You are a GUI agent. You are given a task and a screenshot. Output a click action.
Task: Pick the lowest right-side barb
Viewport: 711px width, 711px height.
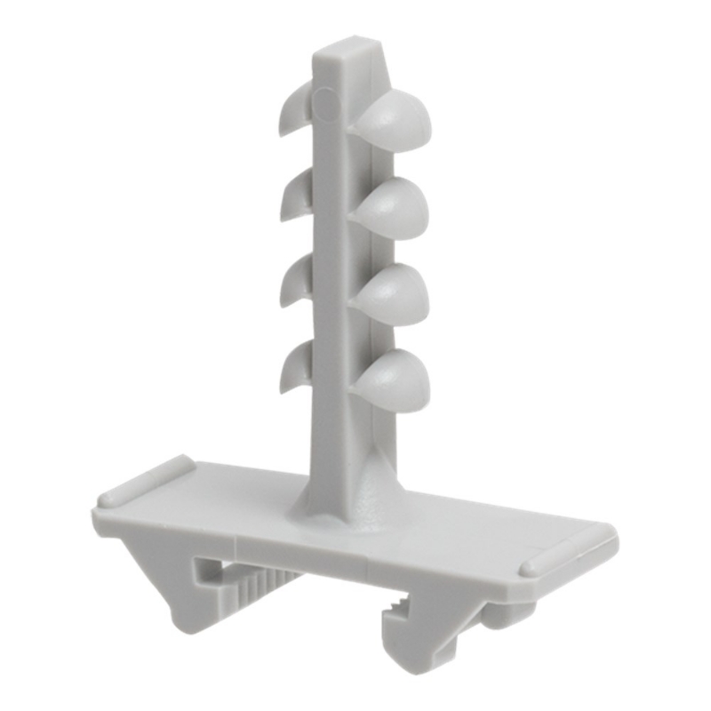[394, 379]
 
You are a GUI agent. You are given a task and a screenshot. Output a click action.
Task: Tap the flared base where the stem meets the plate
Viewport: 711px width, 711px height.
[351, 498]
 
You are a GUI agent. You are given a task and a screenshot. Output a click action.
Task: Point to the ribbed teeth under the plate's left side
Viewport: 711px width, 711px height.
[258, 582]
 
